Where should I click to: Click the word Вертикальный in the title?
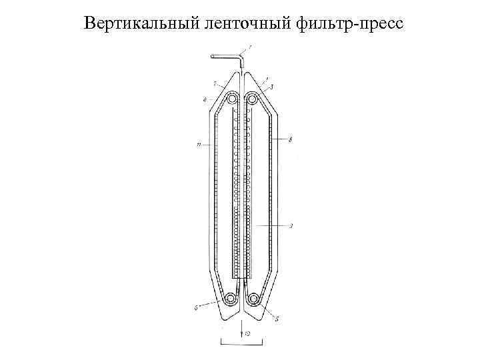point(139,25)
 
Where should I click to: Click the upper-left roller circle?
point(231,99)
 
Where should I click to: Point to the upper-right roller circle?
point(253,99)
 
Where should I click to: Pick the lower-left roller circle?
point(231,299)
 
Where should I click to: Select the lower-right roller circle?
point(253,299)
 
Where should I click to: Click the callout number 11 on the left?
point(199,141)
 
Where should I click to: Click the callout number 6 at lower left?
point(196,308)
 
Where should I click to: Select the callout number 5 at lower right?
point(276,319)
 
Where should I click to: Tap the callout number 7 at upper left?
point(214,84)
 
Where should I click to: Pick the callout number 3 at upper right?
point(272,87)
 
